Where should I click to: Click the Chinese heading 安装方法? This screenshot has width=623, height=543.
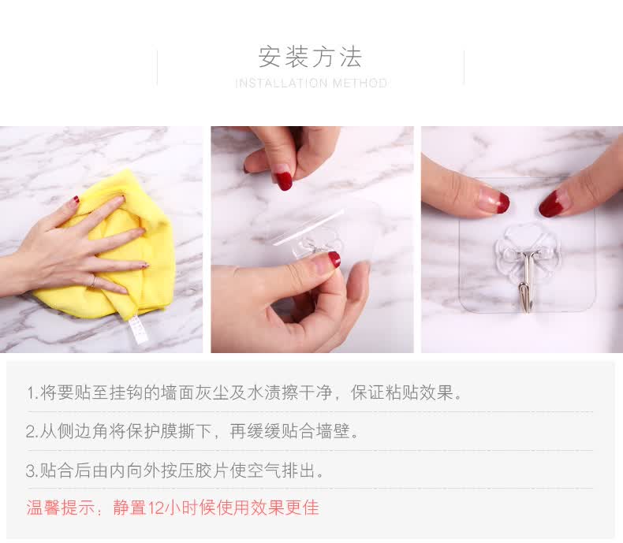(x=310, y=57)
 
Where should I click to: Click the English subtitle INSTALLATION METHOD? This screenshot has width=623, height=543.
(x=311, y=84)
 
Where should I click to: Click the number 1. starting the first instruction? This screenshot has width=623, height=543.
(x=32, y=393)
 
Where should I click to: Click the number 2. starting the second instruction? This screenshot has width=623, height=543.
(x=32, y=431)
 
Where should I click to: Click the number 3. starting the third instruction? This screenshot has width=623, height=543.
(x=32, y=470)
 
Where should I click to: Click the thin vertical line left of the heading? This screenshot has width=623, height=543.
(x=158, y=68)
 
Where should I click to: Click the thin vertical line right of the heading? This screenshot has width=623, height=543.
(x=464, y=67)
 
